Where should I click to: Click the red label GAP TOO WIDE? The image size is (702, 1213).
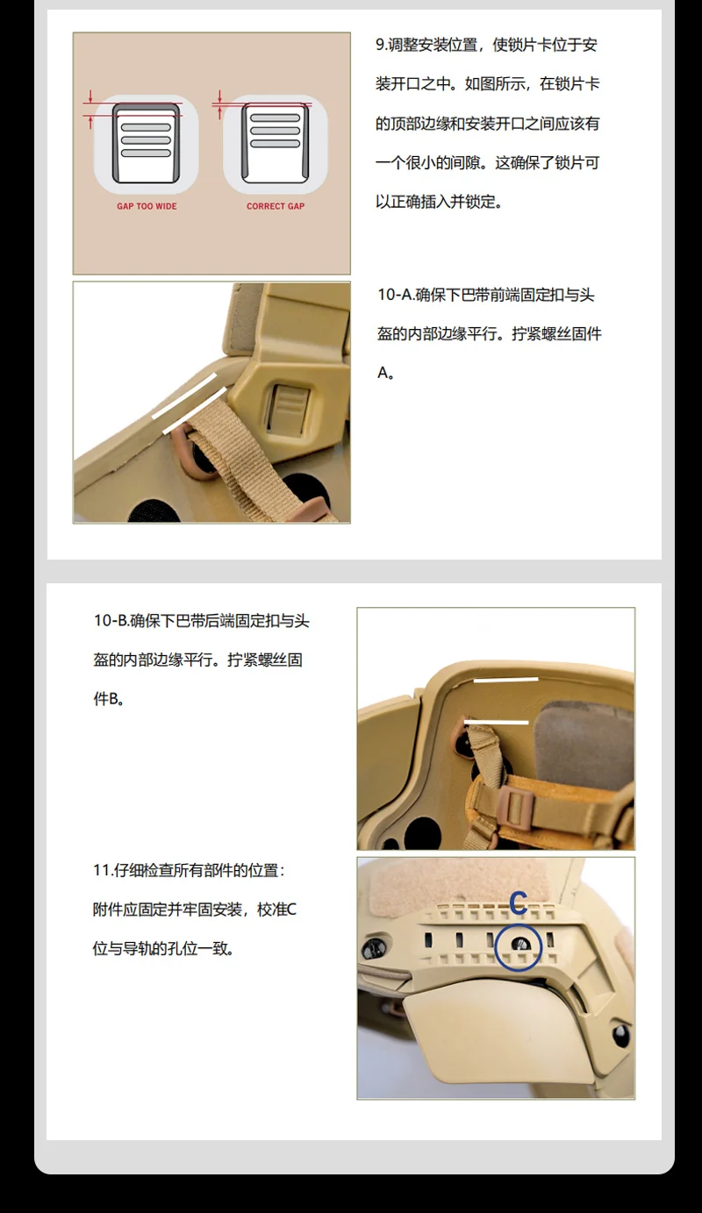[147, 206]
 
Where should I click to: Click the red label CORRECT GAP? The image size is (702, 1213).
[276, 206]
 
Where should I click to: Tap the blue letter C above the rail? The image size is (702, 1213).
[519, 903]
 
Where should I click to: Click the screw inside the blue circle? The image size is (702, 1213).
[519, 945]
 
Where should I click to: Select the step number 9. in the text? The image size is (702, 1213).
[382, 45]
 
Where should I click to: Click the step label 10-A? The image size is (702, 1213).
[396, 295]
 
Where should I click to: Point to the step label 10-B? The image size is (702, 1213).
[111, 621]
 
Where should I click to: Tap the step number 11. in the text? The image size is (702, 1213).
[103, 870]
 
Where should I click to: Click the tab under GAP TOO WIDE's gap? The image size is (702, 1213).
[147, 144]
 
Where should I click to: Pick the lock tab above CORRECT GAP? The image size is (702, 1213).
[276, 143]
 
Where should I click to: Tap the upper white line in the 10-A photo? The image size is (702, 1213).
[184, 396]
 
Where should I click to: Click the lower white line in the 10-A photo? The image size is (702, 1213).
[195, 410]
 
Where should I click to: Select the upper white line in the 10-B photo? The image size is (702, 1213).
[506, 679]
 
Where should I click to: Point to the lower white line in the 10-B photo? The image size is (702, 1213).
[496, 722]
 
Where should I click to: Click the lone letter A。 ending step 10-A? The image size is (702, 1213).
[386, 373]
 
